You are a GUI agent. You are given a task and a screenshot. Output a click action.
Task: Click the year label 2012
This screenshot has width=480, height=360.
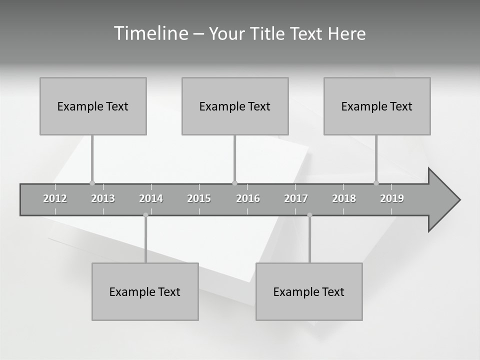pos(55,198)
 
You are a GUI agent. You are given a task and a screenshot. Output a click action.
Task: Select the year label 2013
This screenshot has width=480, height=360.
pos(103,198)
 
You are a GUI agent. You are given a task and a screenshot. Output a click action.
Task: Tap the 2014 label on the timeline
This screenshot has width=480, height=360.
pos(151,198)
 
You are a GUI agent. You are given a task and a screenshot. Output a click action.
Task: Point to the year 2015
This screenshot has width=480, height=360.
pos(199,198)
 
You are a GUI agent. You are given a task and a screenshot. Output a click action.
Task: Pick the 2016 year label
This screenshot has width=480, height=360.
pos(248,198)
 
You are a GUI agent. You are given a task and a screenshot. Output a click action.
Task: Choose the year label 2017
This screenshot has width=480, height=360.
pos(296,198)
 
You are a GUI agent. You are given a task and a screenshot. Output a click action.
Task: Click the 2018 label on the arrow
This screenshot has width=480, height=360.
pos(344,198)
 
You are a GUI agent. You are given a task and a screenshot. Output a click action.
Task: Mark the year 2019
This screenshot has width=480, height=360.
pos(392,198)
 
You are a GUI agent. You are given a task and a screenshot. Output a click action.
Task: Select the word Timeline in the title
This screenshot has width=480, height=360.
pos(150,33)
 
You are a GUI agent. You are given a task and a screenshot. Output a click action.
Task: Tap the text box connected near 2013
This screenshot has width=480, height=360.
pos(93,106)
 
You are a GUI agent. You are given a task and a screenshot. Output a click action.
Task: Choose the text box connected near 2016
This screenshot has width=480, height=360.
pos(235,106)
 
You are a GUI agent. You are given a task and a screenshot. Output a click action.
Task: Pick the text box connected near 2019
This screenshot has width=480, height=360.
pos(377,106)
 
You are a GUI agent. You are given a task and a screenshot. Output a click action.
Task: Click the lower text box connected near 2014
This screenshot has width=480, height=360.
pos(145,291)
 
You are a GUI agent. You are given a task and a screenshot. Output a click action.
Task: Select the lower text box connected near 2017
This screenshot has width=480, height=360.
pos(309,291)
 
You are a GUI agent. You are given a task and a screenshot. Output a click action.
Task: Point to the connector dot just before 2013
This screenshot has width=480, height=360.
pos(92,183)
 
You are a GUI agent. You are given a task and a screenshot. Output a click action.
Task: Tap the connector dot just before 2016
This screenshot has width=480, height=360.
pos(235,183)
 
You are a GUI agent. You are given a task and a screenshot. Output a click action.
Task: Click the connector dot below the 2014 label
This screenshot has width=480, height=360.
pos(145,215)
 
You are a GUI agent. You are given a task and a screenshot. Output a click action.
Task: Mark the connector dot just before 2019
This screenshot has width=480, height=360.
pos(376,183)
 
